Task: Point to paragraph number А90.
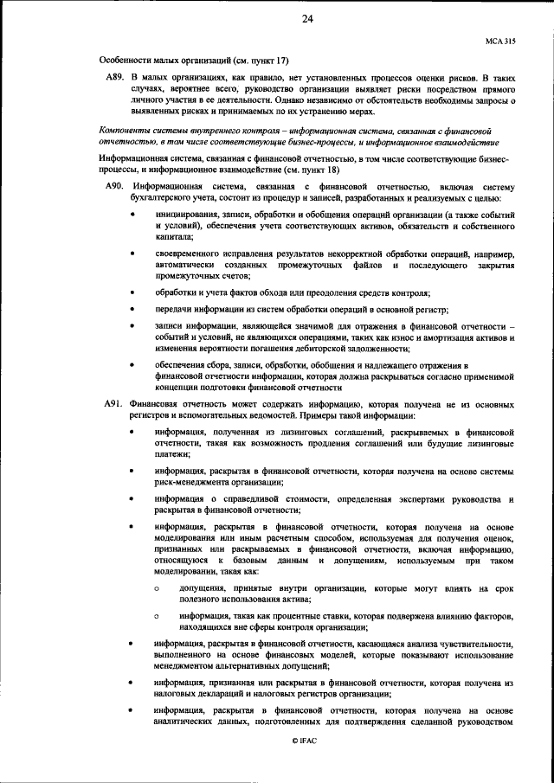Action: (115, 187)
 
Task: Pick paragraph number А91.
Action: (115, 405)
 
